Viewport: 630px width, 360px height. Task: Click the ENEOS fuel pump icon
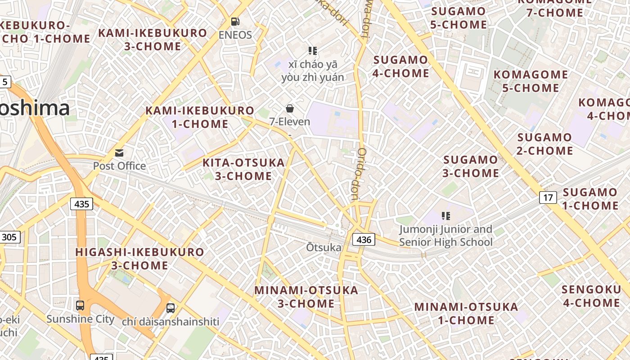[x=235, y=21]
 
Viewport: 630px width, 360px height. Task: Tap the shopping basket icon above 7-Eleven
[x=290, y=108]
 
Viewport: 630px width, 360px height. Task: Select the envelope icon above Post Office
[x=119, y=153]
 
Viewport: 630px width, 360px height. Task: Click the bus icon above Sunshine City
[x=80, y=306]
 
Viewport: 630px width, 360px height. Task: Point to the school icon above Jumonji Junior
[x=446, y=216]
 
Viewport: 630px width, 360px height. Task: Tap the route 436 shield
[x=363, y=239]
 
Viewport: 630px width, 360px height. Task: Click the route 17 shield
[x=548, y=198]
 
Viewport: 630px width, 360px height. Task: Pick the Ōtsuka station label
[x=324, y=247]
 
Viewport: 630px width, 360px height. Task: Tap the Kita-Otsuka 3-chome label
[x=243, y=169]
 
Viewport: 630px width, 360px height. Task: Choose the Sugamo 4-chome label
[x=400, y=66]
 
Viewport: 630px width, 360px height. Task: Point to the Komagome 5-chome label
[x=531, y=81]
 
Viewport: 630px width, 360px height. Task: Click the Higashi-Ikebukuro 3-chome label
[x=139, y=259]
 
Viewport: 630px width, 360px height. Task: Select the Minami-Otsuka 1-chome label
[x=466, y=314]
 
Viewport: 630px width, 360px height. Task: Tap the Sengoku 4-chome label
[x=591, y=296]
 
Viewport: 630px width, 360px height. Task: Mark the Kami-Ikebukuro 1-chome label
[x=200, y=117]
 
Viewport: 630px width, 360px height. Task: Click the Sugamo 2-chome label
[x=545, y=144]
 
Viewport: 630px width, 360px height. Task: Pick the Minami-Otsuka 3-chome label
[x=306, y=297]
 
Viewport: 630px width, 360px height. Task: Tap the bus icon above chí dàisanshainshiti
[x=171, y=308]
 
